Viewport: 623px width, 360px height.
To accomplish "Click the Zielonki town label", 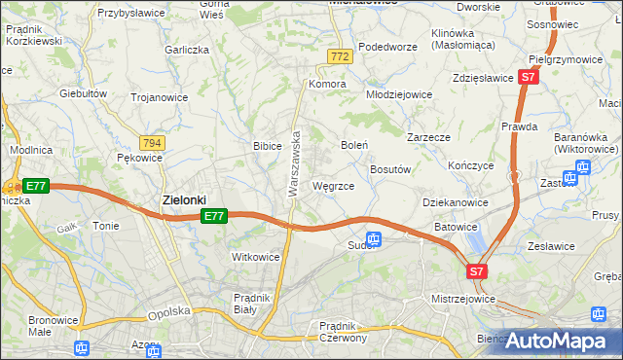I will pos(184,199).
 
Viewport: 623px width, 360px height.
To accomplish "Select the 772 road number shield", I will pos(339,58).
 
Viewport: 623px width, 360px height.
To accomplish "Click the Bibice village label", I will pos(267,146).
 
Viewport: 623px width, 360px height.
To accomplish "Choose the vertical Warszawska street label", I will pos(293,165).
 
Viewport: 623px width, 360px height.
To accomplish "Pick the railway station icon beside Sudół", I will pos(374,239).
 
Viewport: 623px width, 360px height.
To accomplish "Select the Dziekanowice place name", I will pos(455,202).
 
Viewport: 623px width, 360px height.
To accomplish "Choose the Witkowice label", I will pos(255,257).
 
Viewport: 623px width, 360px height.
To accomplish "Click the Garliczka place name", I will pos(188,49).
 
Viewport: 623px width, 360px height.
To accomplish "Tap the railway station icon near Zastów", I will pos(583,167).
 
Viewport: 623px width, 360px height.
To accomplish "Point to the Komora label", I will pos(329,85).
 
